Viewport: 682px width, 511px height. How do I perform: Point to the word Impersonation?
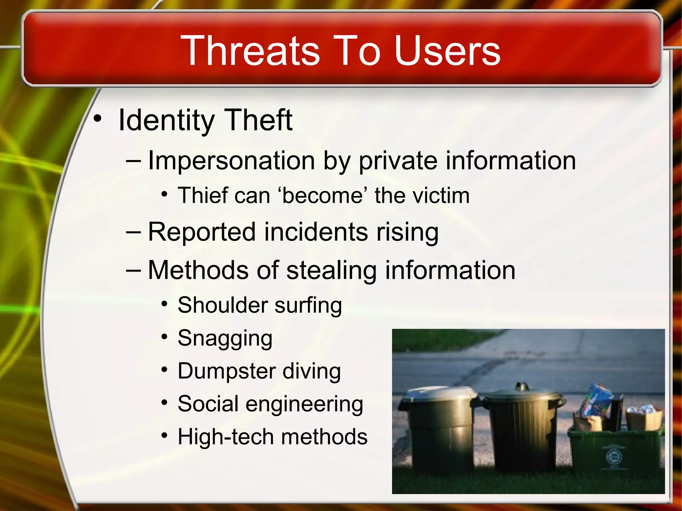click(231, 161)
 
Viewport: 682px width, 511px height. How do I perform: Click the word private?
click(398, 161)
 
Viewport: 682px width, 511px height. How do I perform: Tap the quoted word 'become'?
click(322, 195)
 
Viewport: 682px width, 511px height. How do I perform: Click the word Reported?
click(202, 232)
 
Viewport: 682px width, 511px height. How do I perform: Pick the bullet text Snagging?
click(225, 338)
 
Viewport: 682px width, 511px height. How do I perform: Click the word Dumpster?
click(226, 371)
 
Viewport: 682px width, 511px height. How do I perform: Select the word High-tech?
click(225, 436)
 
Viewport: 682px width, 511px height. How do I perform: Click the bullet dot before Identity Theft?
click(97, 118)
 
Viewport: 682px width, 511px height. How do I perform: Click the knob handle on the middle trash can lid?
click(522, 387)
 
